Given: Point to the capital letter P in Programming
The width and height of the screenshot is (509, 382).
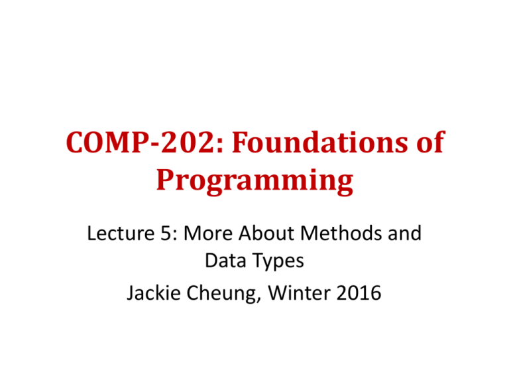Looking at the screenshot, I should [x=166, y=181].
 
